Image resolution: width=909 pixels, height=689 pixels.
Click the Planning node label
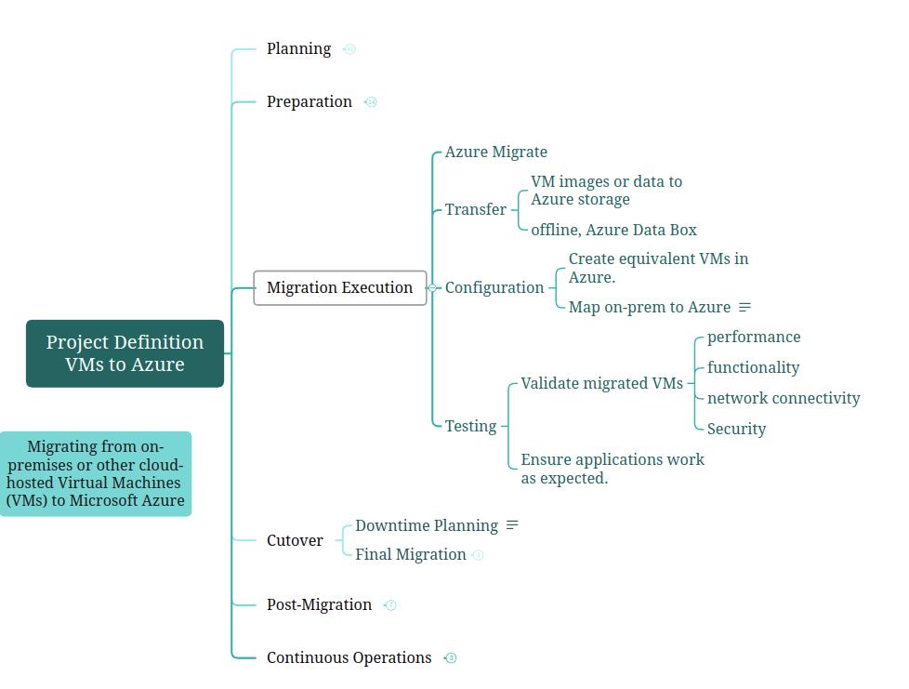pos(298,49)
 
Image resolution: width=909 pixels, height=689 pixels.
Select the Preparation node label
pos(309,102)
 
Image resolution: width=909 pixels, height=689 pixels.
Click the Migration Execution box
pos(339,288)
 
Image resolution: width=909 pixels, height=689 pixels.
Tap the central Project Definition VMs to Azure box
pos(125,353)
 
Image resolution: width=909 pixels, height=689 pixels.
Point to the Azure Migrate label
pos(495,152)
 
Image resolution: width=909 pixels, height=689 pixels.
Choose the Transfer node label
pos(475,210)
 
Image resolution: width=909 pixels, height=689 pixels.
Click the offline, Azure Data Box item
pos(613,231)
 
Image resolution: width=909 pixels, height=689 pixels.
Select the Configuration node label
pos(494,288)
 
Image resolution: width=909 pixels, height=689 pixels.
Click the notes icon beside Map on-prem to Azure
pos(744,308)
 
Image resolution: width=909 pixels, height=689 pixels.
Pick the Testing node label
pos(470,427)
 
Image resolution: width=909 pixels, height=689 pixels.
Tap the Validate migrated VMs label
pos(601,384)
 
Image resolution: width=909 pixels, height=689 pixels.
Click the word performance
pos(753,338)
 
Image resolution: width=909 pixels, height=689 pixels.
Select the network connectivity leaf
pos(783,399)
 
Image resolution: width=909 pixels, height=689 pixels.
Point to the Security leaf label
pos(736,430)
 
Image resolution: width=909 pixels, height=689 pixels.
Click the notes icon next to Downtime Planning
pos(512,526)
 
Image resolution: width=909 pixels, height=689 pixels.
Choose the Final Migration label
pos(410,555)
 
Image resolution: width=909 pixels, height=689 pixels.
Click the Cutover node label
pos(295,541)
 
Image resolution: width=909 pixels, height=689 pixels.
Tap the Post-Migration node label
pos(319,605)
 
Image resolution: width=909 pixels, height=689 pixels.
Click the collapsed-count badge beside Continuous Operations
pos(451,658)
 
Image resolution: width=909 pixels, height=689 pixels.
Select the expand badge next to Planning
pos(349,49)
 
